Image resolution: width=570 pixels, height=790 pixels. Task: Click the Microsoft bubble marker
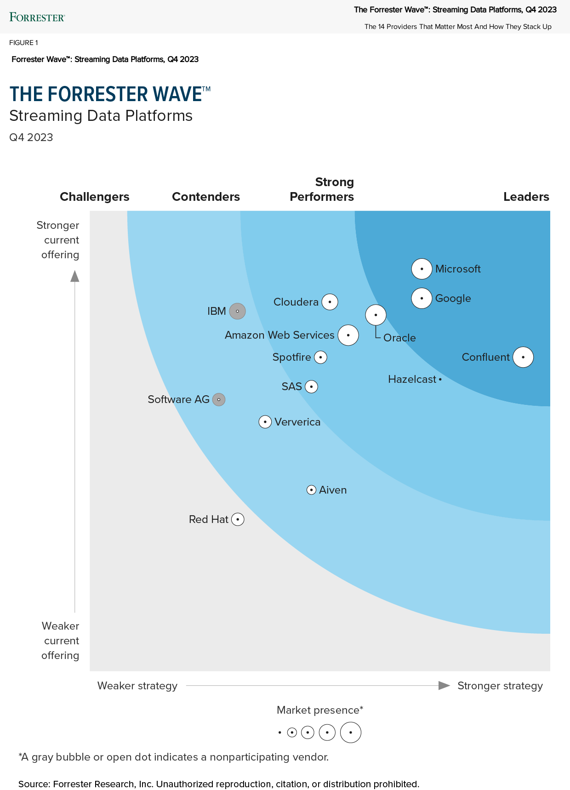(422, 269)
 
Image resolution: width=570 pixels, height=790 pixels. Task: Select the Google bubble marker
(422, 298)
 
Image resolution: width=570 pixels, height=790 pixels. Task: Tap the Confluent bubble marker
(523, 357)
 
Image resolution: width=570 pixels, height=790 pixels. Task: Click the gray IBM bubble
(237, 311)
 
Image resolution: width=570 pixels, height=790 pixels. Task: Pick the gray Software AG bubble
(219, 400)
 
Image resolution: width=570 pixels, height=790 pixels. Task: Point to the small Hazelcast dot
(440, 380)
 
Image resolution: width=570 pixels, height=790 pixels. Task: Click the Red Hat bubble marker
(238, 519)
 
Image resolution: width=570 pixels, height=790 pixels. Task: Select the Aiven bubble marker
(311, 490)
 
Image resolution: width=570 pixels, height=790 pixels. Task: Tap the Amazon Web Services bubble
(348, 335)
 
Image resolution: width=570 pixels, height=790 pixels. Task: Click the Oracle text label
(399, 338)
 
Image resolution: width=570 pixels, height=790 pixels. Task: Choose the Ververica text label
(297, 422)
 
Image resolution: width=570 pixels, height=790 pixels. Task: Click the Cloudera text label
(296, 302)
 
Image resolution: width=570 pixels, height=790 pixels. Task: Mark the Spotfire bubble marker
(320, 357)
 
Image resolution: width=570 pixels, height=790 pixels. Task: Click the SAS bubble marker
(312, 386)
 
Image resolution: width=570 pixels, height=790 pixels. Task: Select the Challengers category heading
(95, 197)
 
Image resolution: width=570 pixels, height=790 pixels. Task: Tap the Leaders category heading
(526, 197)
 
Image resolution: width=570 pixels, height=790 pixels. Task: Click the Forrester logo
(37, 17)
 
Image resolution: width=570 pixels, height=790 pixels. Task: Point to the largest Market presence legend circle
(351, 733)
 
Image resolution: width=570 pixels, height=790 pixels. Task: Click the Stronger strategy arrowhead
(444, 686)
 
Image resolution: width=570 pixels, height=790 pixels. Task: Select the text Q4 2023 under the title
(31, 137)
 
